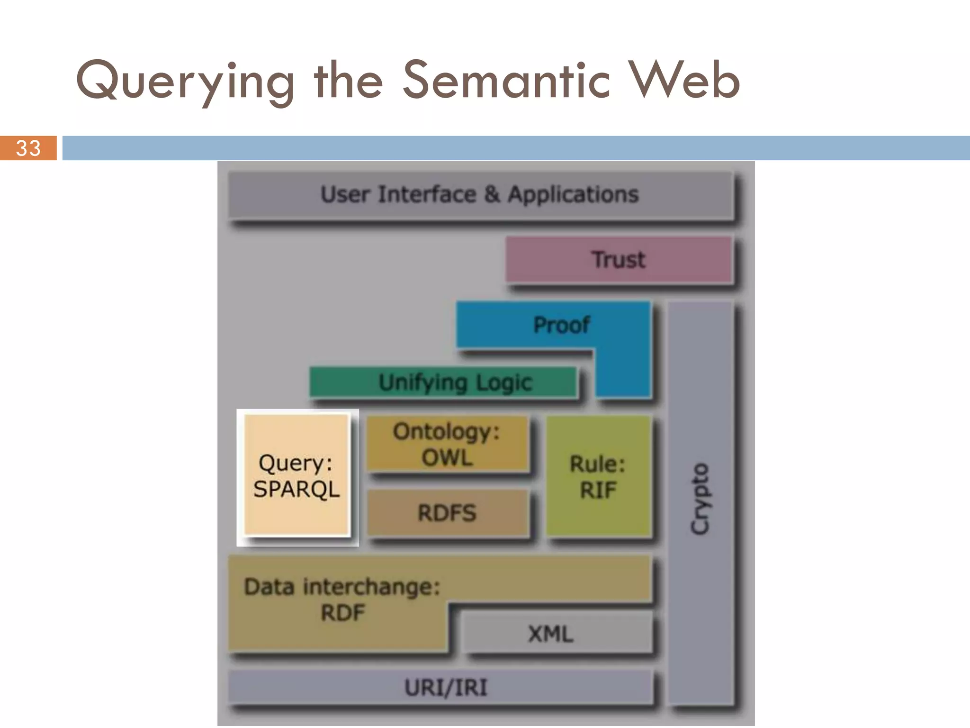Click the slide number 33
click(28, 148)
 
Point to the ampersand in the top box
click(492, 194)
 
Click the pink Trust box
click(618, 260)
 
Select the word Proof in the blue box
click(561, 325)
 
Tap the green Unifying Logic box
click(443, 382)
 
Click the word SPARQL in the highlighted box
click(296, 489)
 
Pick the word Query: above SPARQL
click(296, 463)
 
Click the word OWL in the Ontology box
click(447, 458)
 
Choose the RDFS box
click(447, 513)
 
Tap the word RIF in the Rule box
click(598, 490)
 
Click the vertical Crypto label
click(700, 499)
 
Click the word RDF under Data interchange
click(343, 613)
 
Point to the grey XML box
click(551, 634)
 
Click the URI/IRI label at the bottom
click(446, 687)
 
